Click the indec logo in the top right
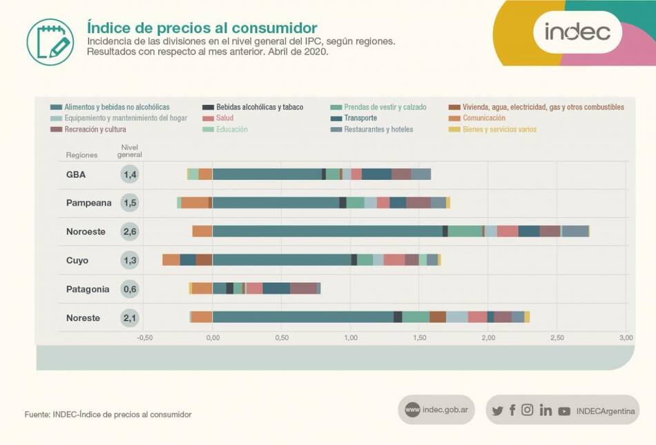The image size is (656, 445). pyautogui.click(x=577, y=32)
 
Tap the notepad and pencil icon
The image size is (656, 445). pyautogui.click(x=50, y=42)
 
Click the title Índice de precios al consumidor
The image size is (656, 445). pyautogui.click(x=202, y=28)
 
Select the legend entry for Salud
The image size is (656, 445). pyautogui.click(x=224, y=118)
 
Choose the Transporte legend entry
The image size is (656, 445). pyautogui.click(x=360, y=118)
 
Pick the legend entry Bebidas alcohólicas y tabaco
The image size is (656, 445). pyautogui.click(x=259, y=107)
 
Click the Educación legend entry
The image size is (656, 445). pyautogui.click(x=231, y=129)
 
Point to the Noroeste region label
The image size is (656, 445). pyautogui.click(x=86, y=232)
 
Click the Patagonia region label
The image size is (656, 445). pyautogui.click(x=88, y=289)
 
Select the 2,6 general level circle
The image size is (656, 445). pyautogui.click(x=129, y=232)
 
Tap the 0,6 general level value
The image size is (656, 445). pyautogui.click(x=129, y=289)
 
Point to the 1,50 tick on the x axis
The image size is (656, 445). pyautogui.click(x=419, y=338)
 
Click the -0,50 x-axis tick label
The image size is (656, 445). pyautogui.click(x=144, y=338)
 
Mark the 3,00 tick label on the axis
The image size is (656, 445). pyautogui.click(x=626, y=338)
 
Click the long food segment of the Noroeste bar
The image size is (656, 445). pyautogui.click(x=327, y=231)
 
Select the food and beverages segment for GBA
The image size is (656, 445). pyautogui.click(x=267, y=174)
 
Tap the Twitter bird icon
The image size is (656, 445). pyautogui.click(x=497, y=411)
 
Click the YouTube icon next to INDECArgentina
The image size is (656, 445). pyautogui.click(x=564, y=411)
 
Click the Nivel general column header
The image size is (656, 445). pyautogui.click(x=129, y=151)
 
